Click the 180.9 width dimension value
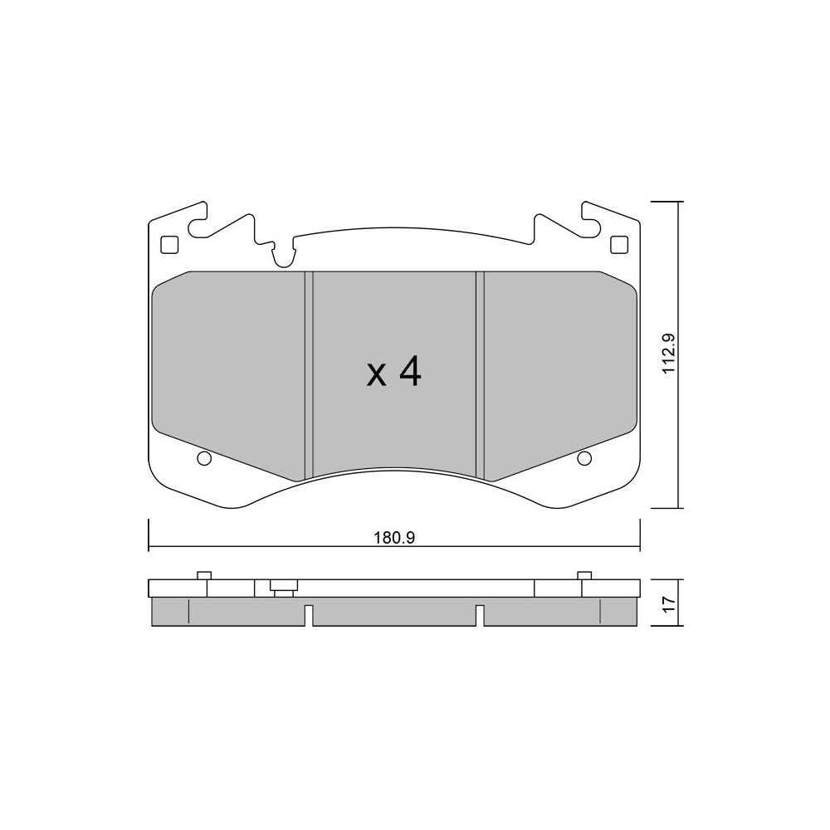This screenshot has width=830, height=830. point(394,539)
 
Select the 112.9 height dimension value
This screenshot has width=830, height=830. point(668,354)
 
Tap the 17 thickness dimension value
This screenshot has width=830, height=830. point(668,603)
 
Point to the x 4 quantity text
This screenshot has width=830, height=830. point(394,372)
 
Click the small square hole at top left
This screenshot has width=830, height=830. point(168,245)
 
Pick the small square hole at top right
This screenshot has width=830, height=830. point(619,245)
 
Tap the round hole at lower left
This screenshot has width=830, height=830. point(204,458)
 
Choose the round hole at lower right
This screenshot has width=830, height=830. point(584,458)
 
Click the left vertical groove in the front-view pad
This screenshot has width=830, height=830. point(309,375)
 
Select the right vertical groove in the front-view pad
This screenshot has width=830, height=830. point(480,375)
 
